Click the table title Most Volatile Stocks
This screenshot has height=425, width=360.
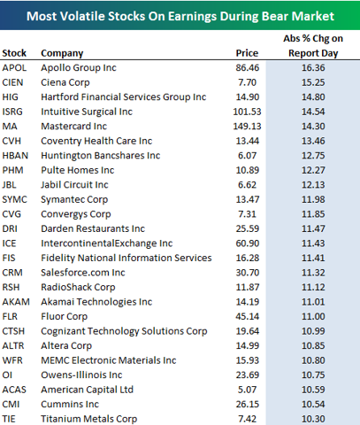tap(180, 16)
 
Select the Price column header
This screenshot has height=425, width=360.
tap(247, 53)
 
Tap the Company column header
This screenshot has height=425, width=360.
tap(62, 53)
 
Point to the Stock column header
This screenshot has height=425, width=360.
tap(14, 53)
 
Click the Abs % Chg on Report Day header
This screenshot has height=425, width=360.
tap(313, 46)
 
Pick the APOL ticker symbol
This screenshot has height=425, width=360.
tap(14, 67)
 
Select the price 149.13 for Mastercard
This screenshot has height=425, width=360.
tap(247, 126)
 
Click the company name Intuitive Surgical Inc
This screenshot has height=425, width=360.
tap(87, 112)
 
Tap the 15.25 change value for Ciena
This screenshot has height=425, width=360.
tap(313, 82)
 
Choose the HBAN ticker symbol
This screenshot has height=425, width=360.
tap(15, 156)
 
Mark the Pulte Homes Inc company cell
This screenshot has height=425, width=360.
tap(78, 170)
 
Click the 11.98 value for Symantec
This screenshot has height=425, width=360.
tap(313, 199)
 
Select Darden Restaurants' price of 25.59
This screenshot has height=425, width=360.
tap(248, 228)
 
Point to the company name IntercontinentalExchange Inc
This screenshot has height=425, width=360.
tap(107, 243)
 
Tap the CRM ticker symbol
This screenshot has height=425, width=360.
tap(12, 273)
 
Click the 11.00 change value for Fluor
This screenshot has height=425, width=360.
tap(313, 316)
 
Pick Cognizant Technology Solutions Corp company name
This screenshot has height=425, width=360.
tap(124, 331)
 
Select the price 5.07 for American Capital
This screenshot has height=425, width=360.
tap(247, 390)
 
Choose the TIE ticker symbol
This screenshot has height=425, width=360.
tap(9, 419)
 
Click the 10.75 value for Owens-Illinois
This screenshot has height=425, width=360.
tap(313, 375)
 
